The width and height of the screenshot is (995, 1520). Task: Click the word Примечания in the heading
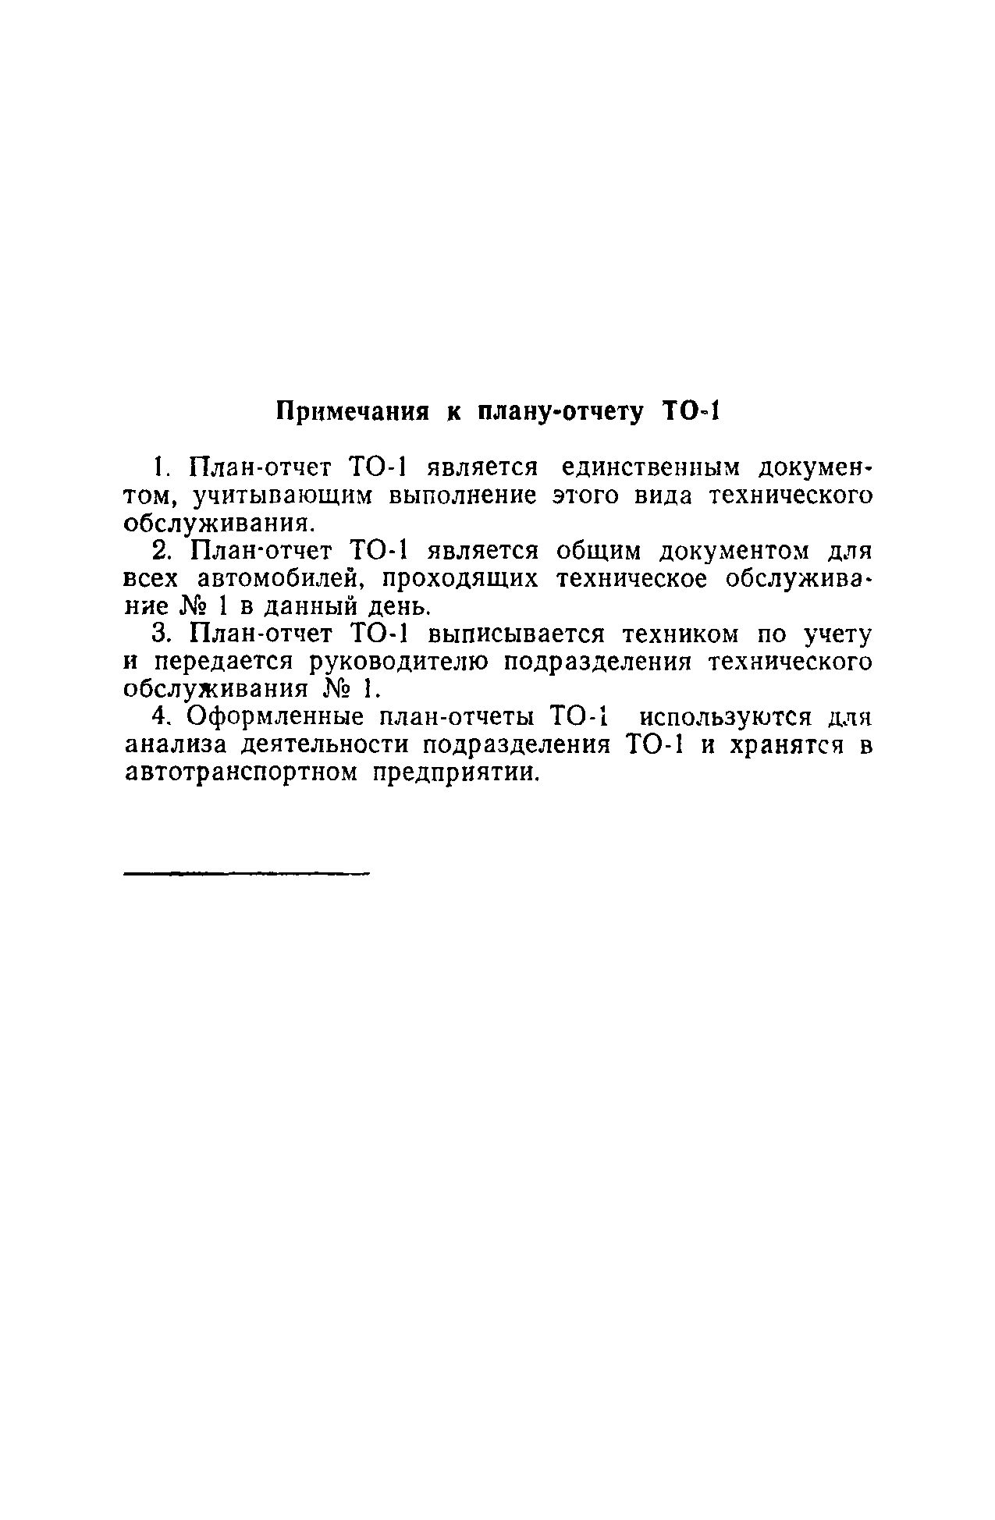354,412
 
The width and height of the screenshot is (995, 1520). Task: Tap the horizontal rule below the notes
246,874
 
